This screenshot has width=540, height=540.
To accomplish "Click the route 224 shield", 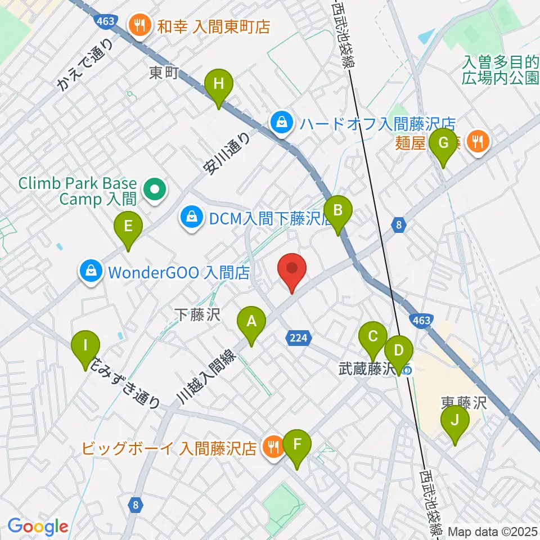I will pyautogui.click(x=299, y=338).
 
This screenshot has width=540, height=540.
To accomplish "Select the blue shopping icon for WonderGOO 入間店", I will pyautogui.click(x=90, y=272).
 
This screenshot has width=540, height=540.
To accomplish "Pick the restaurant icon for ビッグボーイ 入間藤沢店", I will pyautogui.click(x=274, y=448).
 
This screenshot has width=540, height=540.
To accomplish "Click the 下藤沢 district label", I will pyautogui.click(x=196, y=314).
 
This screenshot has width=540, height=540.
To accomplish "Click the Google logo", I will pyautogui.click(x=38, y=527).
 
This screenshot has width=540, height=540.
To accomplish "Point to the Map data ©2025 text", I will pyautogui.click(x=493, y=531).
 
